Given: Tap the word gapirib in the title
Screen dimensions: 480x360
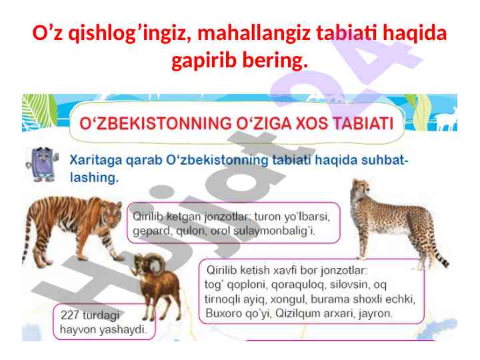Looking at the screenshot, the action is (x=204, y=60).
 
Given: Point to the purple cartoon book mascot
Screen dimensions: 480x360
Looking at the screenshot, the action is (x=42, y=165).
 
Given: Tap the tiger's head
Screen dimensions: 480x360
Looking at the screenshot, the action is (x=111, y=213).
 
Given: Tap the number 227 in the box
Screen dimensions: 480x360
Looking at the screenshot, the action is (x=70, y=315).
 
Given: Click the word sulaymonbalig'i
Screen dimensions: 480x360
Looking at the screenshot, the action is (x=274, y=231).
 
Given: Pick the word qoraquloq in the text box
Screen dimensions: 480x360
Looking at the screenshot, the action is (x=297, y=285).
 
